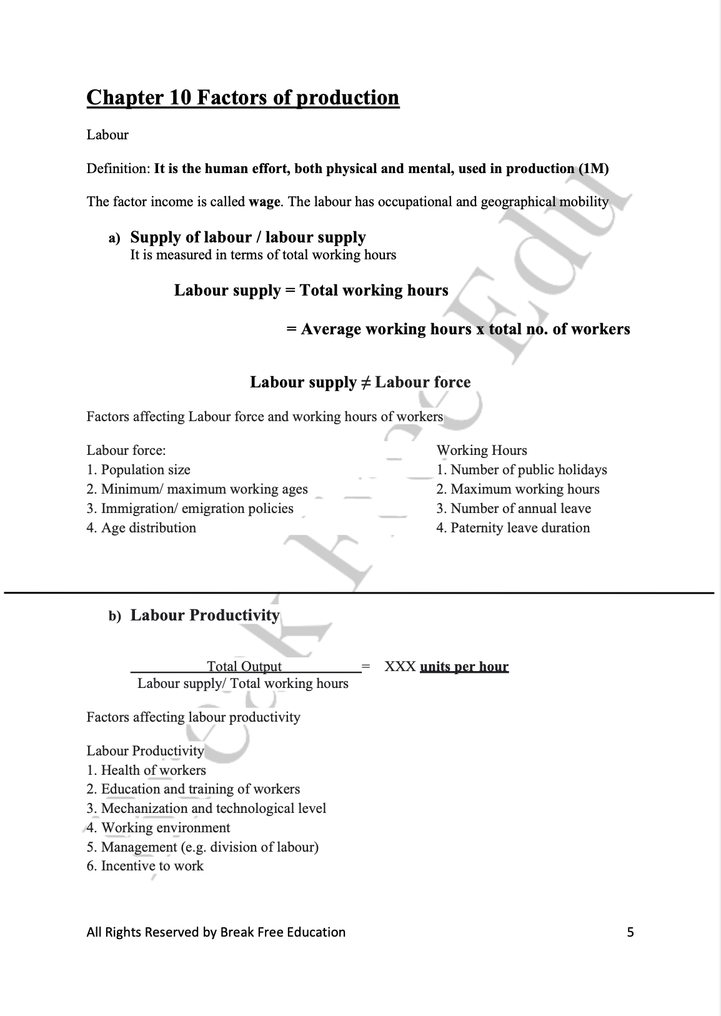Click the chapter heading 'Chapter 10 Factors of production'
point(242,98)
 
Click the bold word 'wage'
point(264,202)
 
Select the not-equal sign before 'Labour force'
point(365,382)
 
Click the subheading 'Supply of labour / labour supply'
point(248,237)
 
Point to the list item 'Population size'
point(145,470)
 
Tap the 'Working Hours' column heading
point(482,451)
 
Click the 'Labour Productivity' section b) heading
point(205,615)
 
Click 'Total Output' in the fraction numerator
point(244,667)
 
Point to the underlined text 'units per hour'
point(464,667)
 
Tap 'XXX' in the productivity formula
point(400,667)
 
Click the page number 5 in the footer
point(630,932)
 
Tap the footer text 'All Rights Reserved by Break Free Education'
point(216,932)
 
